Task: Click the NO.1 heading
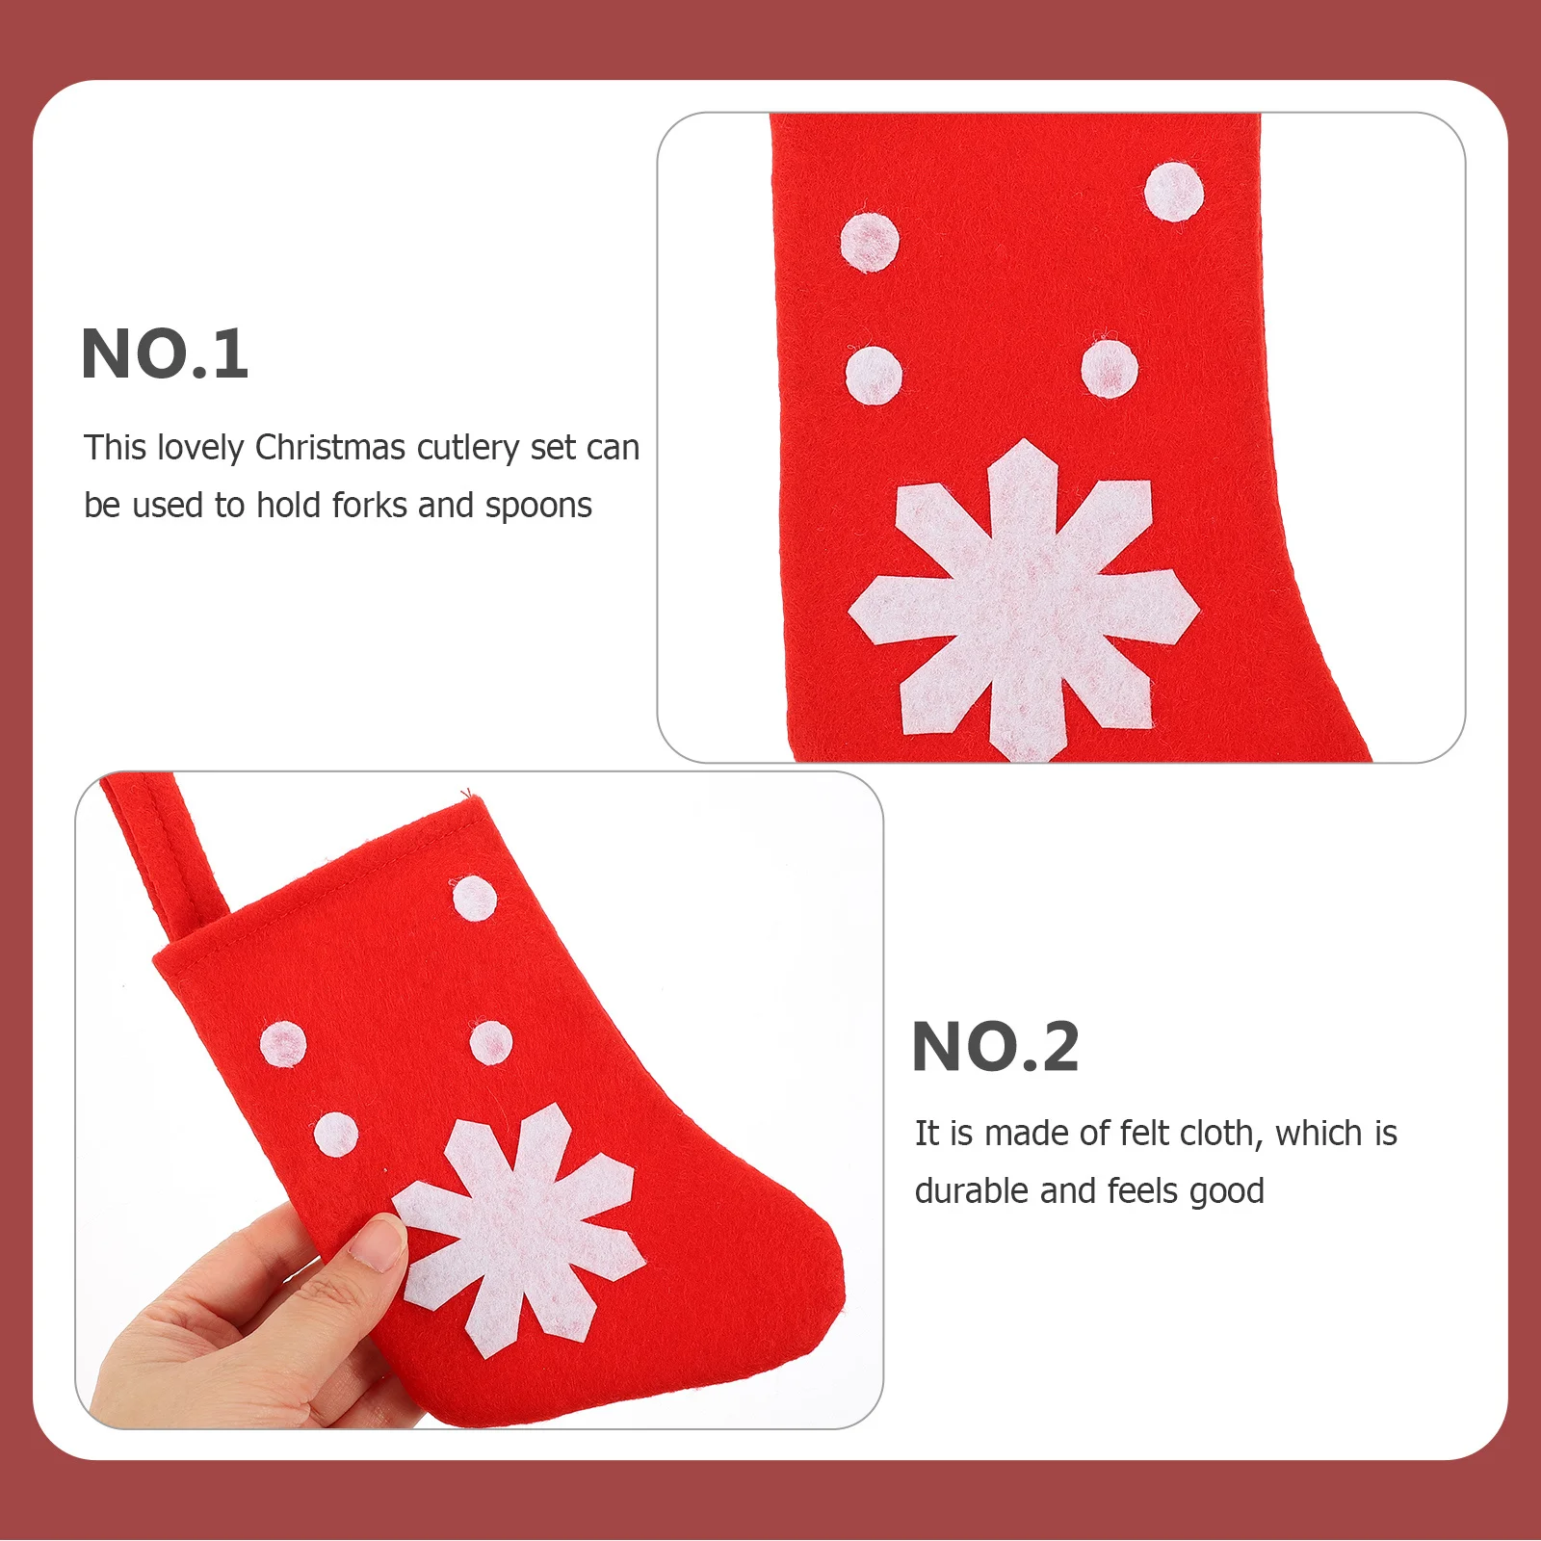(x=165, y=353)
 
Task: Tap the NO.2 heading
(x=995, y=1047)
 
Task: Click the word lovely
(x=200, y=448)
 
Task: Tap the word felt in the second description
(x=1145, y=1134)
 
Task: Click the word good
(x=1226, y=1192)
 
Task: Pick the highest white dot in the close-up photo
(x=1173, y=192)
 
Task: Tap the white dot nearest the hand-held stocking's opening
(x=475, y=899)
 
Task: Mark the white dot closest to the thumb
(x=336, y=1134)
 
